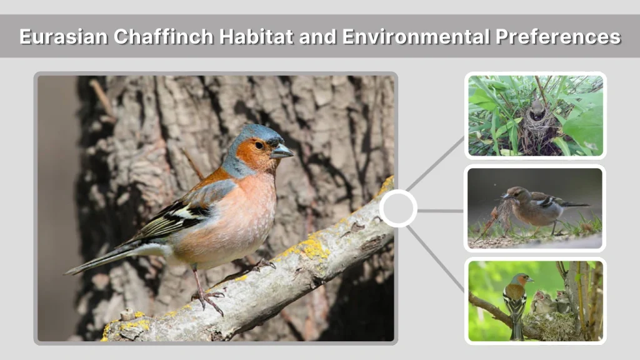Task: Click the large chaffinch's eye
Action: (259, 145)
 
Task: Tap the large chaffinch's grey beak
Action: (282, 151)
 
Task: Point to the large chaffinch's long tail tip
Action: (71, 271)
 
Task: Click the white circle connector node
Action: (398, 208)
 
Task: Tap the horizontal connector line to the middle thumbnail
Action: (441, 211)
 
